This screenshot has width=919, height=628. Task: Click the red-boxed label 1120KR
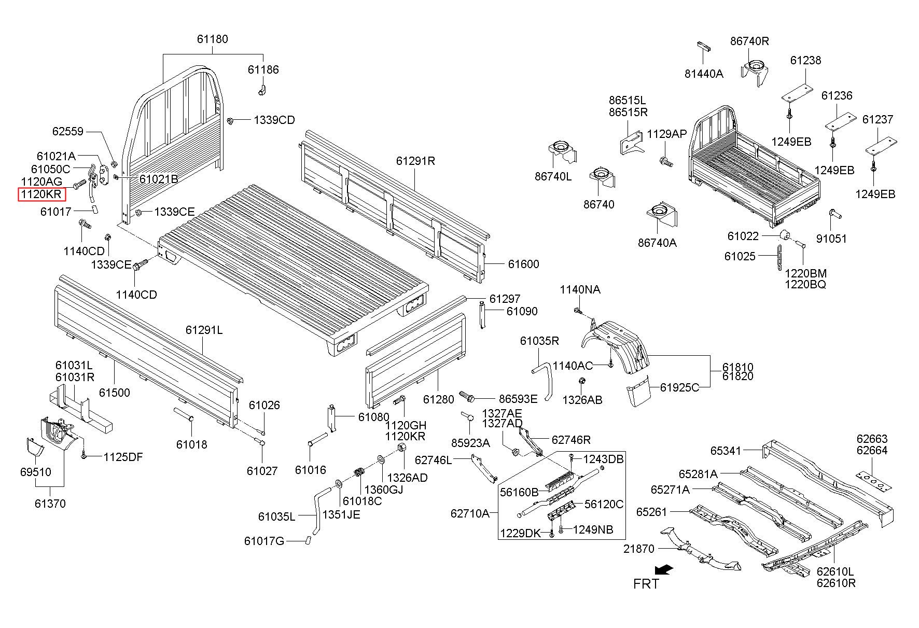(x=41, y=195)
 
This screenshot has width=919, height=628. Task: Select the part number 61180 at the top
(x=212, y=39)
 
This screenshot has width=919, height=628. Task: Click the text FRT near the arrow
(x=646, y=584)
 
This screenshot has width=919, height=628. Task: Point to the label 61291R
(x=415, y=161)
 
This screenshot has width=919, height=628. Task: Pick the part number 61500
(x=115, y=393)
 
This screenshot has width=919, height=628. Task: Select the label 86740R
(x=749, y=41)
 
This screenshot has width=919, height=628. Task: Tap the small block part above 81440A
(x=703, y=46)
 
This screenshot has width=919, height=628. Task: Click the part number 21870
(x=639, y=548)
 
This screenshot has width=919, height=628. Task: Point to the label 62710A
(x=470, y=513)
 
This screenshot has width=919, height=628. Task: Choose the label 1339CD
(x=274, y=120)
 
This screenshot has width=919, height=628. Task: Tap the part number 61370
(x=50, y=504)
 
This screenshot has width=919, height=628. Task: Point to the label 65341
(x=726, y=451)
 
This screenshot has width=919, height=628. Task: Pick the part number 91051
(x=831, y=239)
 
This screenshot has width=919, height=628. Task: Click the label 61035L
(x=276, y=517)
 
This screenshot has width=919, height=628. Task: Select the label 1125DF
(x=123, y=457)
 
